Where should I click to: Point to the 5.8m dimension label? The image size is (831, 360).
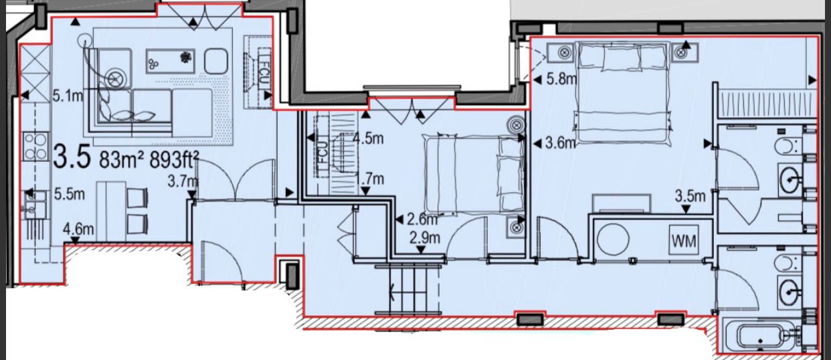pos(561,79)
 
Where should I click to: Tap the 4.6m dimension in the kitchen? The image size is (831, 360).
pos(78,230)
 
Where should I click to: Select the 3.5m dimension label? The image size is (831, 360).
pos(690,197)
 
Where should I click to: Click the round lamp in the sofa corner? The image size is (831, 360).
pos(115,78)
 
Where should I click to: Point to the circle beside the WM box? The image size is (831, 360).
pos(613,239)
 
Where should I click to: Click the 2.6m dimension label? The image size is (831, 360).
pos(423,218)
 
